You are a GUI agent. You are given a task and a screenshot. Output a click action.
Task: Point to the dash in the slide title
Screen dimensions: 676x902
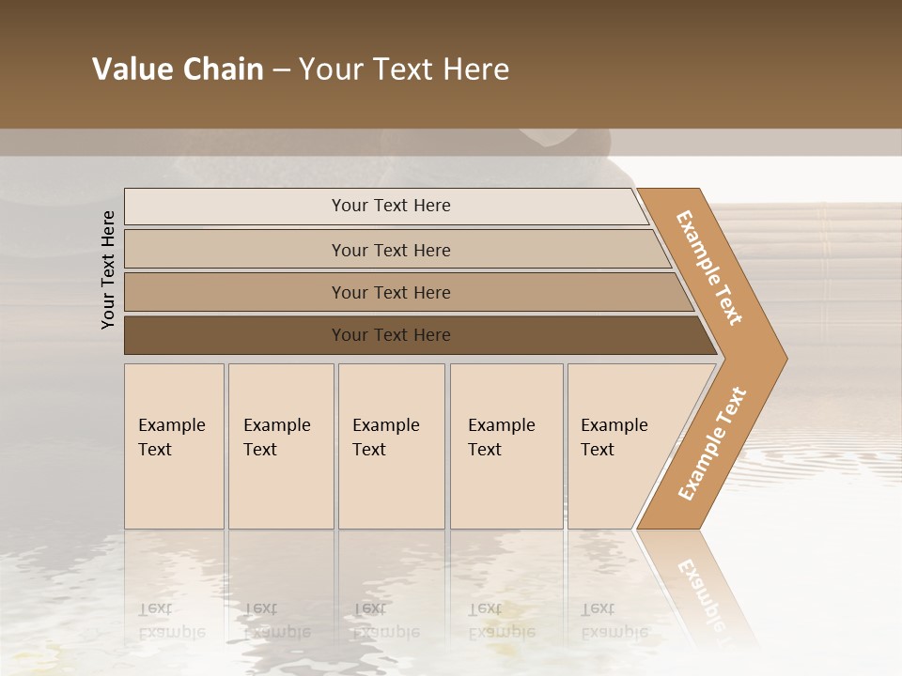click(280, 70)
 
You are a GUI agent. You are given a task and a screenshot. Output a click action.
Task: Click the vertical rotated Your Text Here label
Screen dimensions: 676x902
click(108, 269)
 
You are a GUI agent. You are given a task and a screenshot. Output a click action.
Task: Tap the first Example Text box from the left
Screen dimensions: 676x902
click(174, 446)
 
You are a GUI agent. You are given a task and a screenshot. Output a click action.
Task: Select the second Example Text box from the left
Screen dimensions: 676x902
click(281, 446)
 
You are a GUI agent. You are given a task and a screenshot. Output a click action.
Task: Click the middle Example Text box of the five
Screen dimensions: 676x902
click(391, 446)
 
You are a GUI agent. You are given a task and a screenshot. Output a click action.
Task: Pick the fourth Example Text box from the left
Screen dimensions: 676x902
click(506, 446)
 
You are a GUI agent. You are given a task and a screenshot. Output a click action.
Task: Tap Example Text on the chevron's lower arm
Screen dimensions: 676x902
click(712, 443)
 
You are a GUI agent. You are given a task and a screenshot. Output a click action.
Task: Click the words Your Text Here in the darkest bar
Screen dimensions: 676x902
click(391, 335)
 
